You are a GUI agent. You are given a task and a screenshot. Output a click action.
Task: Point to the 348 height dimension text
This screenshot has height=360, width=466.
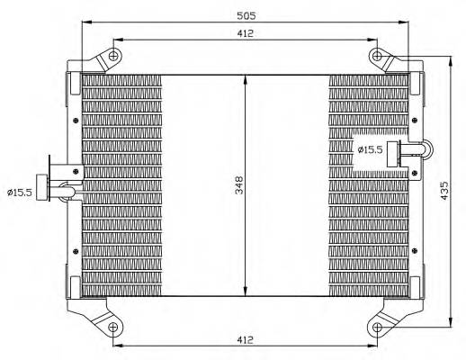click(x=237, y=185)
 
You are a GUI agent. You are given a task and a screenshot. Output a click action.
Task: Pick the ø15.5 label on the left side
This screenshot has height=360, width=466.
click(x=19, y=191)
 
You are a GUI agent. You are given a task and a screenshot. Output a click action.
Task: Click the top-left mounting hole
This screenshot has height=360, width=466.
click(x=113, y=58)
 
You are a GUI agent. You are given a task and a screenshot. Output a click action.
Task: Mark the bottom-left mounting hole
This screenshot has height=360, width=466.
click(x=113, y=328)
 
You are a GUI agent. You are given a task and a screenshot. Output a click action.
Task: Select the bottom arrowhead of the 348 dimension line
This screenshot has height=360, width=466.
click(x=246, y=294)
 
